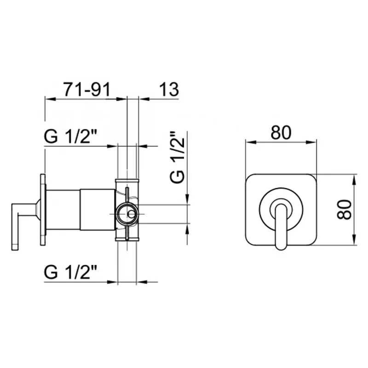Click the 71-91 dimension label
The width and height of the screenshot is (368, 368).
pos(87,90)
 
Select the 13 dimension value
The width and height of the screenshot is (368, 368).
pos(169,89)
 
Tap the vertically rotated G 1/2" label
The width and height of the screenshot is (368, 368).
pos(177,157)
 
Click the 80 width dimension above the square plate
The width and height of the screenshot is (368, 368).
pos(281,132)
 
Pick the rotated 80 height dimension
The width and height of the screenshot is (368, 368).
pos(344,209)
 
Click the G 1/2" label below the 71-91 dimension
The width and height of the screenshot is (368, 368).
pos(70,137)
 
